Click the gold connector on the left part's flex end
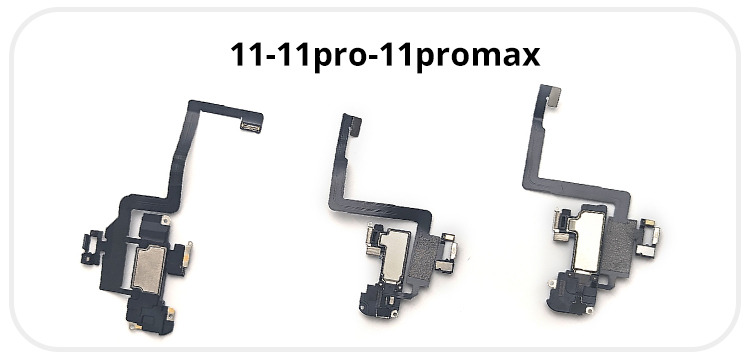(x=251, y=127)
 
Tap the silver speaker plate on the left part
(x=148, y=270)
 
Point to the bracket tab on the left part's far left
(x=91, y=248)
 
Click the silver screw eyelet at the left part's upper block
(x=165, y=220)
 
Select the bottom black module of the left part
(x=149, y=317)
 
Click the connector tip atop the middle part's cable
(x=353, y=123)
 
